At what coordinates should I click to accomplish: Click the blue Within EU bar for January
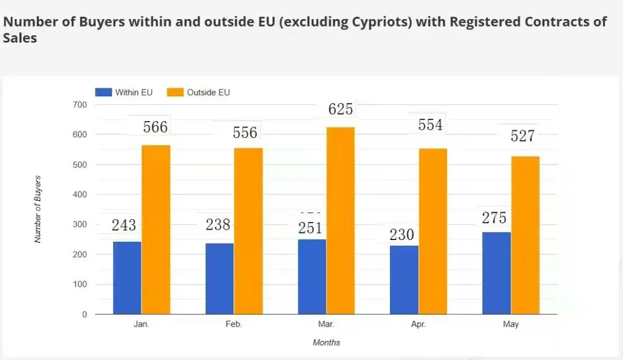pos(127,277)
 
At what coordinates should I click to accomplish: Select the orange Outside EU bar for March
pos(340,220)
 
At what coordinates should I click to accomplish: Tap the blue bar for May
pos(497,273)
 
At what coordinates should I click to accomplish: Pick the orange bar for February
pos(248,231)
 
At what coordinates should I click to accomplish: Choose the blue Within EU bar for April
pos(404,280)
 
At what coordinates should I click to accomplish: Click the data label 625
pos(340,109)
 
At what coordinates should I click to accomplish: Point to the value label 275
pos(494,217)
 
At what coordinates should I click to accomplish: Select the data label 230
pos(401,234)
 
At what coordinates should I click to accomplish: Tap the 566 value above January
pos(155,127)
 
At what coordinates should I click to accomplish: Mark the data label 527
pos(523,136)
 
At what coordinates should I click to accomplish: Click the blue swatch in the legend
pos(104,92)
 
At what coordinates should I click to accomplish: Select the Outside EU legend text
pos(208,92)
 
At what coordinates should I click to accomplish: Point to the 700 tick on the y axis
pos(80,105)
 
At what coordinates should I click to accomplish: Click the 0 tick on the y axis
pos(84,314)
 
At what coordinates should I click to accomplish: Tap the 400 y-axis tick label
pos(80,194)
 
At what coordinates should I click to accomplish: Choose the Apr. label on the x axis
pos(418,324)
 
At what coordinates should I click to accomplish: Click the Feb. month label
pos(234,324)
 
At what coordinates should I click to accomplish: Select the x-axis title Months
pos(326,343)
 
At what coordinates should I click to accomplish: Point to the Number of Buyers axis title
pos(37,209)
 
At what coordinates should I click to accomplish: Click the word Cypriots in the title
pos(381,22)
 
